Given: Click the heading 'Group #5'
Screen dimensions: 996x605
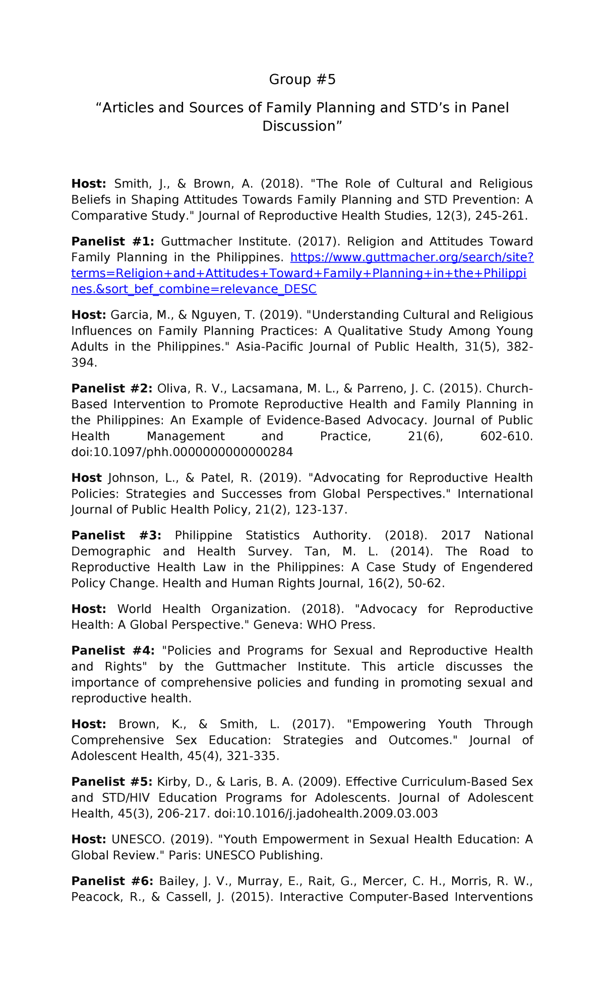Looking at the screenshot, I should [x=302, y=79].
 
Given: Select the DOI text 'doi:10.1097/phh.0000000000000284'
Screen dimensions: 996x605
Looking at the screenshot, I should [x=182, y=452].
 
